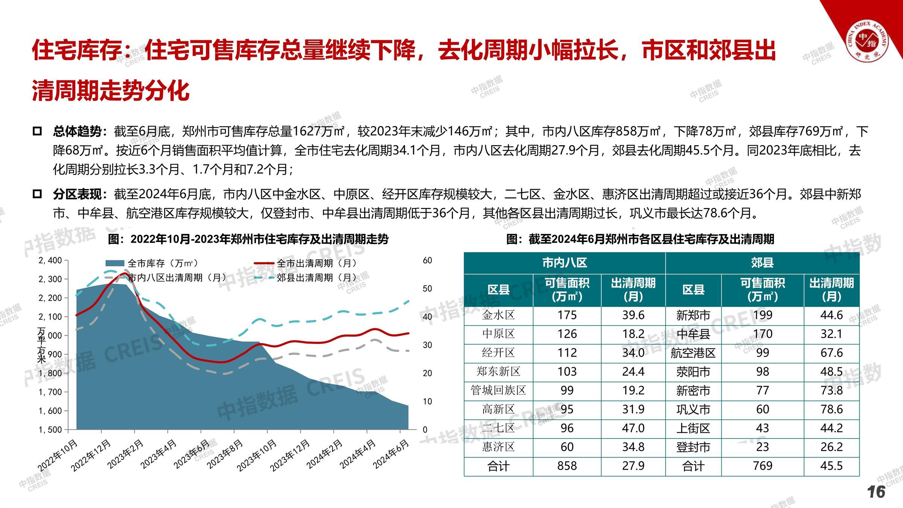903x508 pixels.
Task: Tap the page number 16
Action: point(876,492)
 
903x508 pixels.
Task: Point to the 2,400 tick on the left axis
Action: point(50,260)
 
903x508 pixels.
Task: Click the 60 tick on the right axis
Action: point(427,260)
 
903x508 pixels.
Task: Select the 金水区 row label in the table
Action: point(498,315)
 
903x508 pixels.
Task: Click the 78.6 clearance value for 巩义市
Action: point(832,409)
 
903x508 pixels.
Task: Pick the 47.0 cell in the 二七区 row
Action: point(633,428)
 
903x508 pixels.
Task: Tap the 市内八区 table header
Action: point(564,263)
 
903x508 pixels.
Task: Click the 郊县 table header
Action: point(762,263)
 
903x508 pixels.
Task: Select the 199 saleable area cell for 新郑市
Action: point(762,315)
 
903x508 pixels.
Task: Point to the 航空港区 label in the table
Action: point(693,353)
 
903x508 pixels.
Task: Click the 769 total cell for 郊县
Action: point(762,466)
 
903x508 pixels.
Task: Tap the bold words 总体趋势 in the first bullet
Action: point(77,131)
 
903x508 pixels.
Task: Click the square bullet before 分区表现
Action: point(37,194)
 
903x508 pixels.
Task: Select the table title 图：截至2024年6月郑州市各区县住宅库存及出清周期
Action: point(640,239)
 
